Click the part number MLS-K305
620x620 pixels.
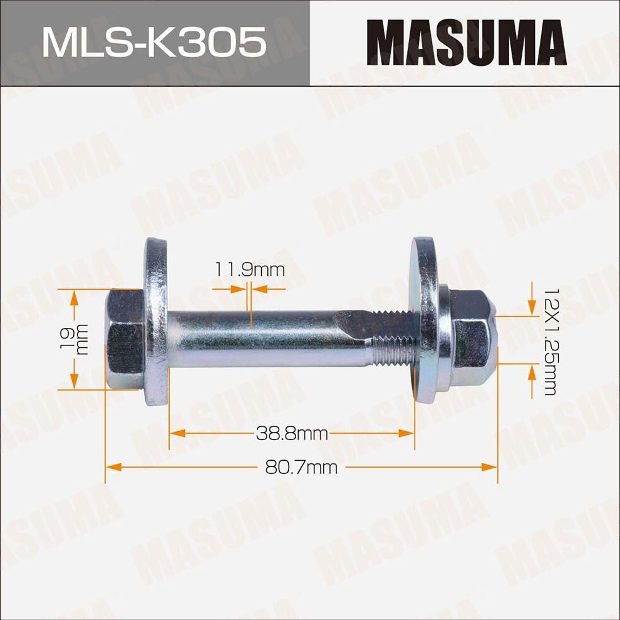tap(154, 43)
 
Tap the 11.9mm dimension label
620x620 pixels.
tap(250, 270)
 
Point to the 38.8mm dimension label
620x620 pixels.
tap(292, 433)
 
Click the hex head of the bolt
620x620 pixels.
tap(123, 339)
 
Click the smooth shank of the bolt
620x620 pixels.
tap(251, 339)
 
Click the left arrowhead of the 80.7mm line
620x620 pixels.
tap(112, 467)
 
